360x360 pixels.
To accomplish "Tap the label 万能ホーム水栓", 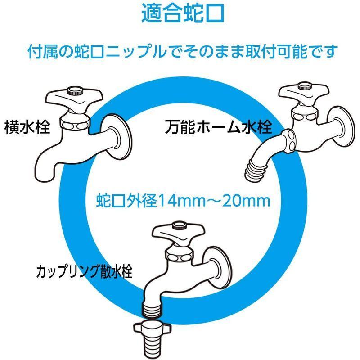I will (x=218, y=127).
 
